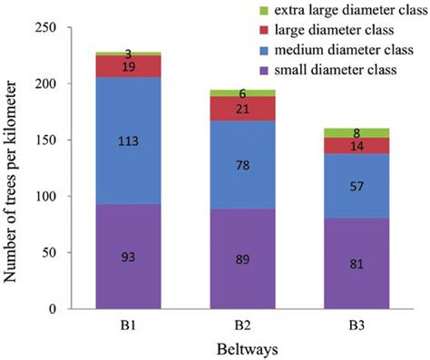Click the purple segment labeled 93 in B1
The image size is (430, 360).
point(128,256)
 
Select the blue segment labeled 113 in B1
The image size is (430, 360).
point(128,141)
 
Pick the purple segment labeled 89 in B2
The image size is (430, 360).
point(243,258)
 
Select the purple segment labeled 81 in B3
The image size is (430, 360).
point(357,263)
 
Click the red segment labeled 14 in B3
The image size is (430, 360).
point(357,145)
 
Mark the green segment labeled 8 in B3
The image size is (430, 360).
point(357,133)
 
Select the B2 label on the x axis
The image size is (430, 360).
point(243,322)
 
